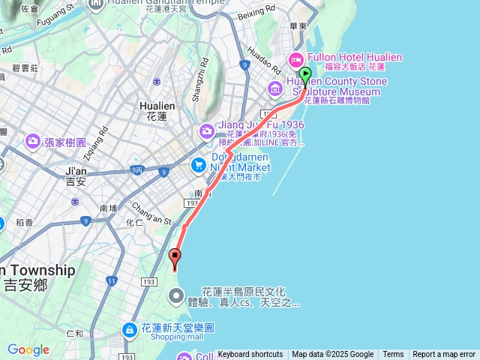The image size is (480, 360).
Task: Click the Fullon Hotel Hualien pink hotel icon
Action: (296, 58)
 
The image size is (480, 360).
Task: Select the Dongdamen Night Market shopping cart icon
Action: (199, 164)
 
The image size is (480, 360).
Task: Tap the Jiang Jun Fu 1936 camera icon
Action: (206, 132)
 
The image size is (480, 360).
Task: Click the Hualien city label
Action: (157, 111)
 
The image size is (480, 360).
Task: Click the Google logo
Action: (28, 349)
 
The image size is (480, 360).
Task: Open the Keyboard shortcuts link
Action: (250, 355)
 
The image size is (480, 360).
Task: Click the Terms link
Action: (393, 355)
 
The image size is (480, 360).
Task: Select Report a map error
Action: (444, 355)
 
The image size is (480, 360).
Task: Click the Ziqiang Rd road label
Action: (100, 139)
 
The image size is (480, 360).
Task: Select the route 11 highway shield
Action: (111, 281)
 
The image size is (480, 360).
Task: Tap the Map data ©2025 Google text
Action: (332, 355)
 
